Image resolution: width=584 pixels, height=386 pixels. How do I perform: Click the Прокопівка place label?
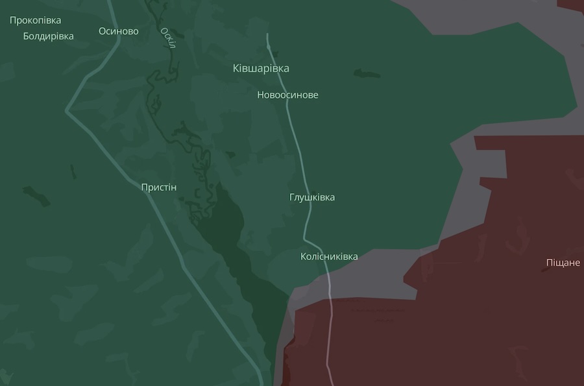tap(35, 20)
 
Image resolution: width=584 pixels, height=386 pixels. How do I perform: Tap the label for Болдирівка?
tap(48, 36)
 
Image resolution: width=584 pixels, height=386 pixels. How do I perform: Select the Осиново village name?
tap(118, 31)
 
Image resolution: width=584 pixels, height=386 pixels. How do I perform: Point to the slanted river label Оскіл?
tap(169, 38)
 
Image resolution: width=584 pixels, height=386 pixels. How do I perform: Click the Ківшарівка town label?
tap(261, 68)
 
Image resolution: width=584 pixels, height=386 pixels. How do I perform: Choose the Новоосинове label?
tap(287, 95)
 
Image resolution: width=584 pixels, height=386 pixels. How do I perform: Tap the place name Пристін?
tap(158, 187)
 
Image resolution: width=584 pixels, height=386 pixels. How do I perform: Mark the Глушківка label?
tap(312, 197)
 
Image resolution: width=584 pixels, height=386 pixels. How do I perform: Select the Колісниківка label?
tap(329, 256)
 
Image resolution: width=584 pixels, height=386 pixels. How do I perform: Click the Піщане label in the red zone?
tap(563, 263)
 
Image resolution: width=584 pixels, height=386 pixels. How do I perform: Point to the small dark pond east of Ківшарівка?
tap(367, 73)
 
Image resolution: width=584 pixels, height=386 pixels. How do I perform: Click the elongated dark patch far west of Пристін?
tap(36, 195)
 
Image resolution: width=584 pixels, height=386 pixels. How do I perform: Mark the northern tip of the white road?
tap(267, 34)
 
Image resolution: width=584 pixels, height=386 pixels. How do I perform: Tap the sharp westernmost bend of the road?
tap(67, 111)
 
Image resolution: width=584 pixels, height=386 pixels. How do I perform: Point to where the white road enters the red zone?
tap(330, 300)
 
